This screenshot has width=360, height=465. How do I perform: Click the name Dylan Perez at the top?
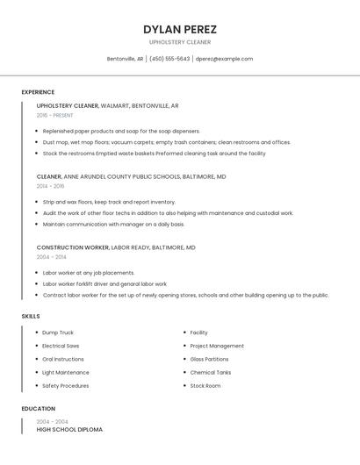180,29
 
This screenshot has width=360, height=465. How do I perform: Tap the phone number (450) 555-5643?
169,59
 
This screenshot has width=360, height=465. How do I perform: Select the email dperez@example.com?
224,59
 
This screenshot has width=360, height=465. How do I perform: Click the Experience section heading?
38,92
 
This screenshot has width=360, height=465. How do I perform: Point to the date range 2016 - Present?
55,115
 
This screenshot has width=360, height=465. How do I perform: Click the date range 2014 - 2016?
50,186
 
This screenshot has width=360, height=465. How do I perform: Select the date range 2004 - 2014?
50,257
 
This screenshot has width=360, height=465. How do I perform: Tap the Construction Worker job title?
72,247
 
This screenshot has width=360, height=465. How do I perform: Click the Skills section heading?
31,316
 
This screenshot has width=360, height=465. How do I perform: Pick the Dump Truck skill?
58,333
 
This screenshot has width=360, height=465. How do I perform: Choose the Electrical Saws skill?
61,346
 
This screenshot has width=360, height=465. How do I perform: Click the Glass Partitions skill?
209,359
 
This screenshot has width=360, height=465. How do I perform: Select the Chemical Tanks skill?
211,372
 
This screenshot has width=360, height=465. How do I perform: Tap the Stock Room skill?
205,385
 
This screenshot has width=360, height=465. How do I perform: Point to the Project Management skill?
217,346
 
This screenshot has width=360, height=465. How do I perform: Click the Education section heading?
38,409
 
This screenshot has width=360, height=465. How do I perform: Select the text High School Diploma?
69,430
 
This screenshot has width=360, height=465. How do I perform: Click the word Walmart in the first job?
115,105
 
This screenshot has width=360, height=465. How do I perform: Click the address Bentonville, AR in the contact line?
125,59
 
